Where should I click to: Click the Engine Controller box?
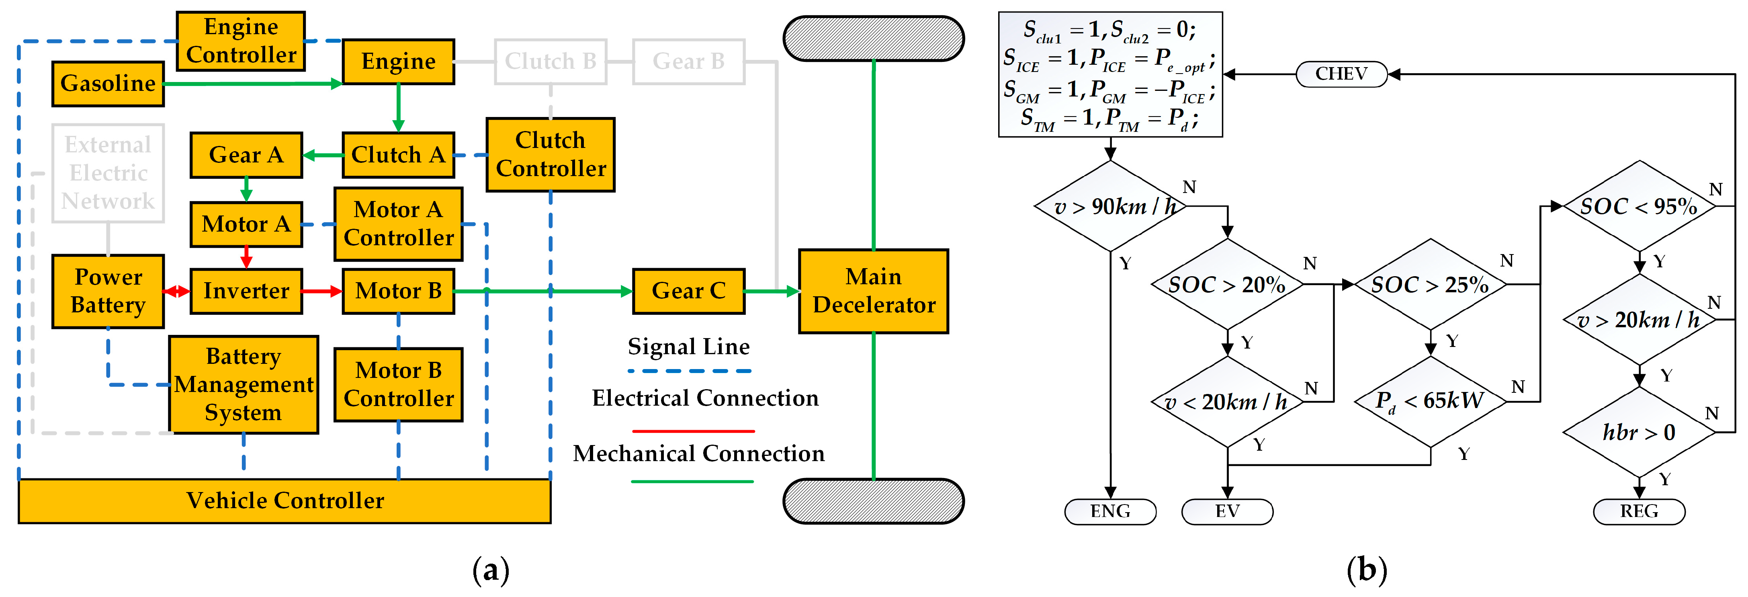241,41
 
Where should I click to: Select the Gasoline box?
108,84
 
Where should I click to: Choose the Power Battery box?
108,291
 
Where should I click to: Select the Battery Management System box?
244,384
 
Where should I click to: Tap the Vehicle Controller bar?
285,501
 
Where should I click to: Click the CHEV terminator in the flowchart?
1341,74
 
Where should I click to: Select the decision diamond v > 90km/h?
1110,206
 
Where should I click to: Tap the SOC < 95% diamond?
1639,206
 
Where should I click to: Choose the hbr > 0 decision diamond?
1639,432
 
